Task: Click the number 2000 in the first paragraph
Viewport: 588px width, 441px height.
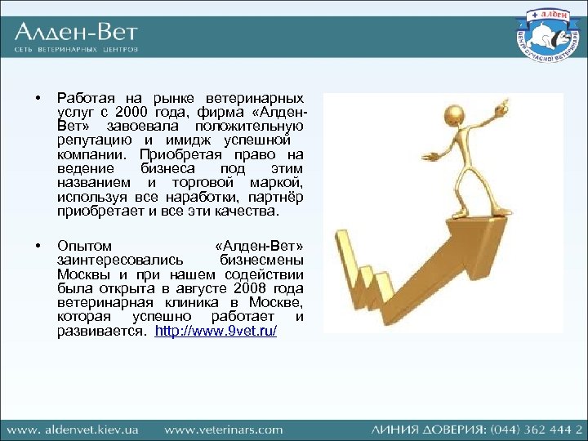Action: tap(132, 112)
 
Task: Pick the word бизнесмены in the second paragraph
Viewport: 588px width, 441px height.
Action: tap(261, 260)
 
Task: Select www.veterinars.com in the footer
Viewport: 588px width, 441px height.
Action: tap(223, 429)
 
